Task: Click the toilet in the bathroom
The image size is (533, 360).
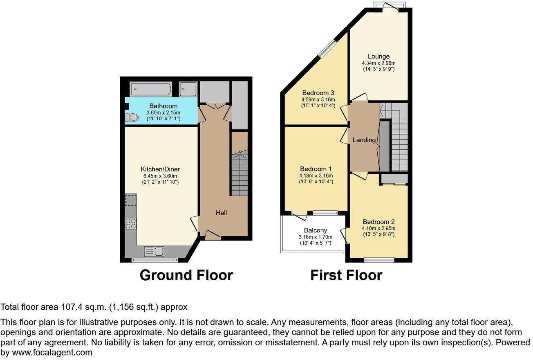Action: tap(132, 117)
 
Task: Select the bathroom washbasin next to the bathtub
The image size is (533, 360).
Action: tap(188, 89)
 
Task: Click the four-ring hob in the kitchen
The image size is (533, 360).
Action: tap(131, 223)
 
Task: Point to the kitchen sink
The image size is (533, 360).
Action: tap(154, 251)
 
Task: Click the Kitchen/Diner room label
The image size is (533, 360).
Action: tap(160, 169)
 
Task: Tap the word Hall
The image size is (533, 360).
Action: tap(221, 213)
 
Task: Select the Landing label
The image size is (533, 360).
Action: tap(364, 140)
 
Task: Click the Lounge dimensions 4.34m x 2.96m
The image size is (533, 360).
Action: tap(378, 63)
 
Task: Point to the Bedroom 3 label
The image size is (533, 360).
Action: tap(318, 92)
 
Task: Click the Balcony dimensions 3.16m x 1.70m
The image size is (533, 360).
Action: tap(315, 237)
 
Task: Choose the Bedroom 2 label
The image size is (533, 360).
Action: tap(378, 222)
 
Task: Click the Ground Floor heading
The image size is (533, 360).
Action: tap(186, 275)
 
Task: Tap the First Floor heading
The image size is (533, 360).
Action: tap(346, 275)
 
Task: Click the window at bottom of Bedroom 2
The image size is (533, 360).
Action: tap(379, 259)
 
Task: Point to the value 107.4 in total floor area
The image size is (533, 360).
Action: tap(70, 307)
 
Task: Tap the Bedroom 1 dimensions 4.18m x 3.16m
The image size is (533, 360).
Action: tap(316, 176)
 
